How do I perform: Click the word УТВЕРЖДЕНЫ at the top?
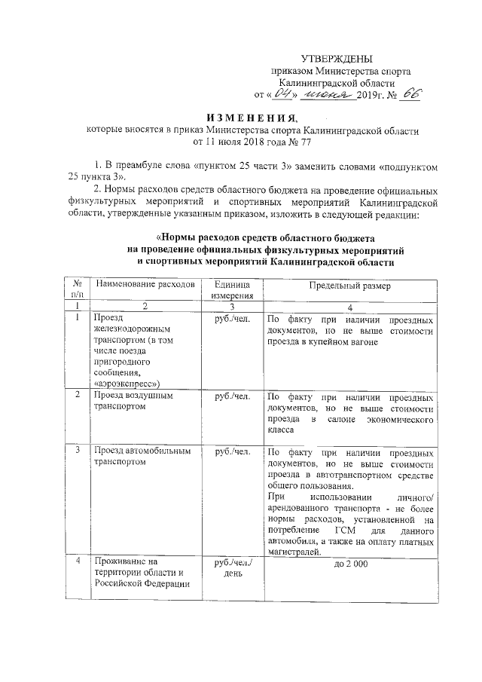click(336, 59)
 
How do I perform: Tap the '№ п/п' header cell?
click(77, 291)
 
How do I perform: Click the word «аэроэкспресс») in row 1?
click(127, 383)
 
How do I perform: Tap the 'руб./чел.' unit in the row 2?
click(233, 396)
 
